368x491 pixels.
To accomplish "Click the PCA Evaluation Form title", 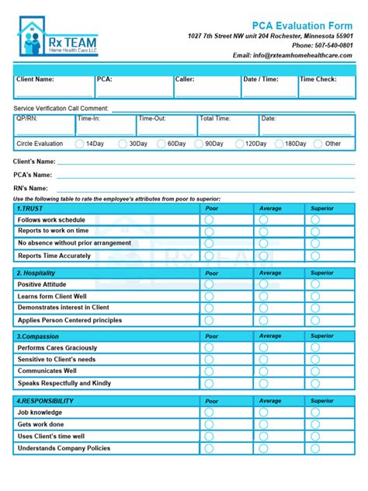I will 307,26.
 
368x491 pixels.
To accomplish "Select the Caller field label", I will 185,79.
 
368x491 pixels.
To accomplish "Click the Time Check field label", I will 318,79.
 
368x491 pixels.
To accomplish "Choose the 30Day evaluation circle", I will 123,144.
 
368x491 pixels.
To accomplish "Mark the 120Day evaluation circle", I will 238,144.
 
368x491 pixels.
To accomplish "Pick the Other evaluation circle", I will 318,144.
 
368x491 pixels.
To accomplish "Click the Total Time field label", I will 215,119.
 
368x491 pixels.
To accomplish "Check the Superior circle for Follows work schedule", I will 314,220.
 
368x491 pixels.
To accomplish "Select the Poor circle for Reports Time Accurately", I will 208,256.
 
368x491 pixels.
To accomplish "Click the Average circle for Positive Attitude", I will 263,285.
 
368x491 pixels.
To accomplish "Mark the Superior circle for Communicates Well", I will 314,371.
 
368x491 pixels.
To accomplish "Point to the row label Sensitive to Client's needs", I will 57,360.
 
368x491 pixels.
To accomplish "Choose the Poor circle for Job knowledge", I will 208,413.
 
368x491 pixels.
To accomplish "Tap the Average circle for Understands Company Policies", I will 263,448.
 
